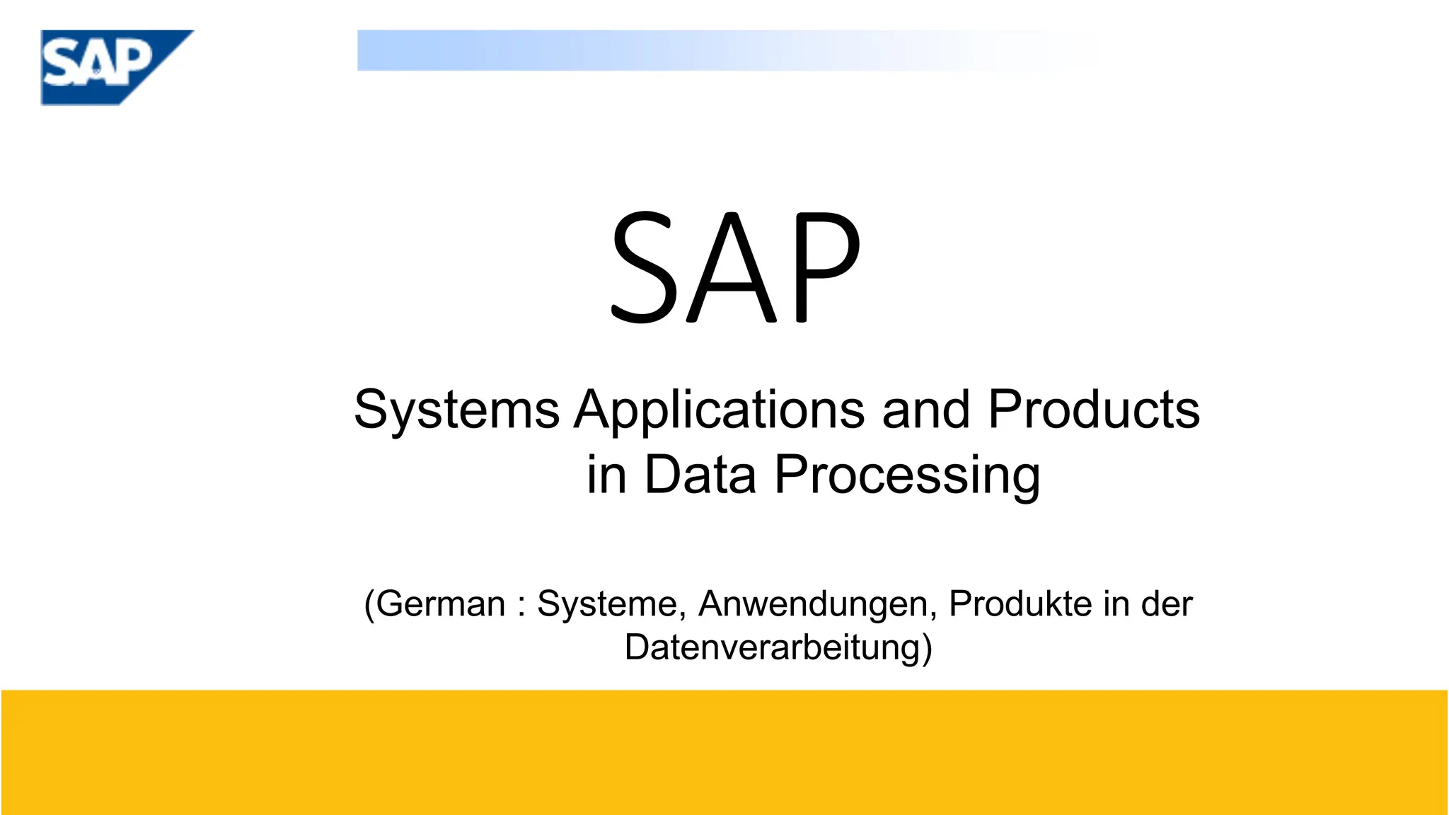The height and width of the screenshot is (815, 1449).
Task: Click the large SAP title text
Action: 736,267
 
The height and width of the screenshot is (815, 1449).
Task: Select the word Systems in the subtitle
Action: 456,410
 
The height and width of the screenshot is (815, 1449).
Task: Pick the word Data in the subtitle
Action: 700,474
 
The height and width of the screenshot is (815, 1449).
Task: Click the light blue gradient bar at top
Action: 637,50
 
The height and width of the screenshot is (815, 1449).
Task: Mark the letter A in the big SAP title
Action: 732,267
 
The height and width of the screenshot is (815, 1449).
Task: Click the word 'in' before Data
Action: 606,474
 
